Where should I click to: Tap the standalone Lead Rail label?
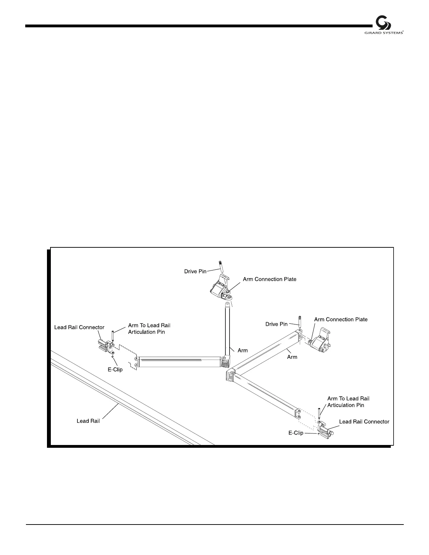[88, 421]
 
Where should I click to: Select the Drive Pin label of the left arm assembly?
[195, 272]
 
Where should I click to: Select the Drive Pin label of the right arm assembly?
[276, 324]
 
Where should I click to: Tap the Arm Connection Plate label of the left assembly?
[270, 279]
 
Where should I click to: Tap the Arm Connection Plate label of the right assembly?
[341, 320]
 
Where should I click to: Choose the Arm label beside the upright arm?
[243, 350]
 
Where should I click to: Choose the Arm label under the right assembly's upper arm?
[292, 357]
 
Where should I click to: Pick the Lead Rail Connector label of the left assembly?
[79, 327]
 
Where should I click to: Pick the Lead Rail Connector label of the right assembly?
[364, 422]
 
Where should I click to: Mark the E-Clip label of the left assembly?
[115, 369]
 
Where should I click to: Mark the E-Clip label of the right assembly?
[296, 433]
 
